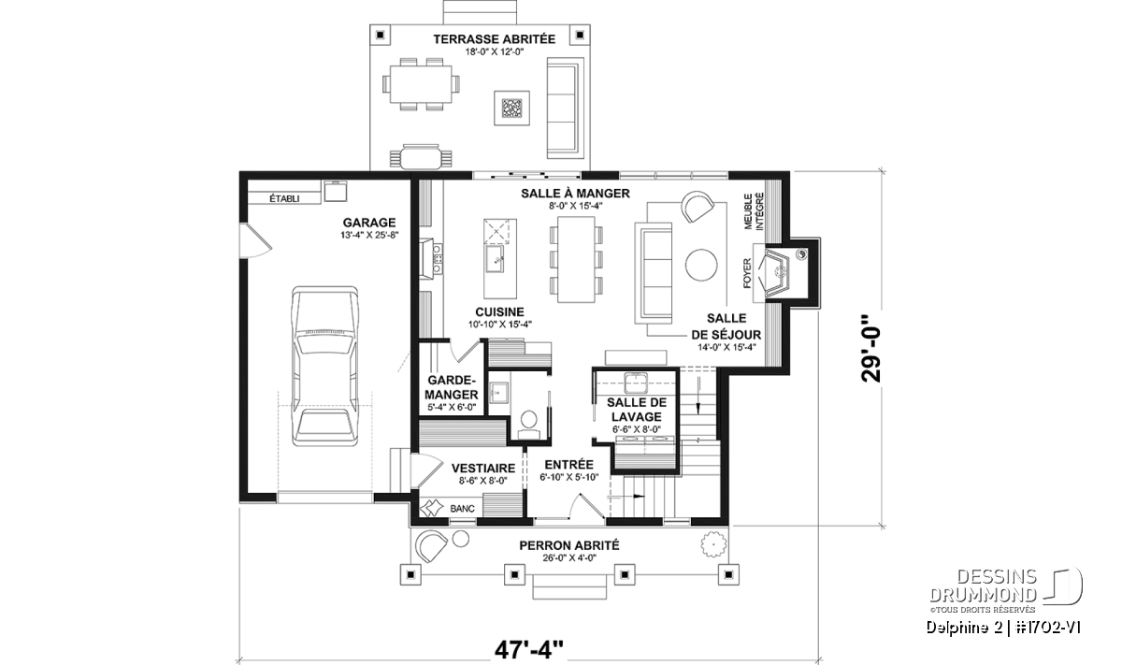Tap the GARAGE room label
coord(369,223)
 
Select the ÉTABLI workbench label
coord(284,198)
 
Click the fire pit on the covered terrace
coord(512,108)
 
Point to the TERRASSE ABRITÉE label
coord(495,39)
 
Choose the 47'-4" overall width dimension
coord(529,650)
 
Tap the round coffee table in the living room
coord(701,265)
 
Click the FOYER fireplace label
coord(748,273)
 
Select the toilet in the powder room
coord(528,422)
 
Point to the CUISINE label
coord(500,312)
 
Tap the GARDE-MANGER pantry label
coord(452,387)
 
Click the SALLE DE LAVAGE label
coord(637,410)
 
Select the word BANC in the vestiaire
coord(462,509)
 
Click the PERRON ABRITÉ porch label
coord(569,545)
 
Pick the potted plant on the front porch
coord(712,543)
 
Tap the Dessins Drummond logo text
coord(983,585)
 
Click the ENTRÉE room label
coord(569,465)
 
